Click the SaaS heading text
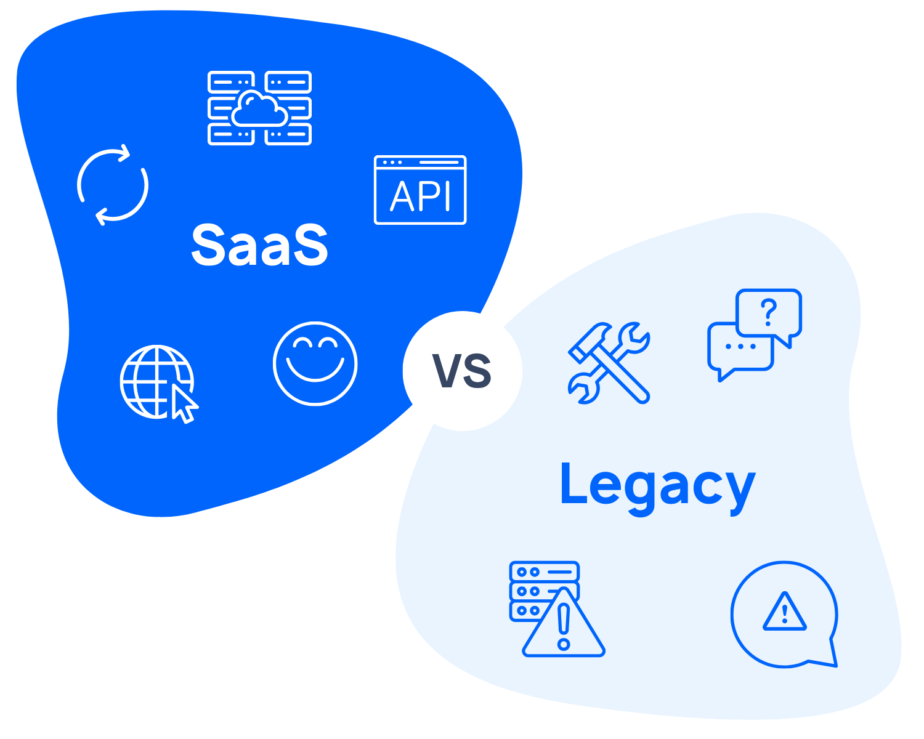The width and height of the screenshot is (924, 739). tap(259, 245)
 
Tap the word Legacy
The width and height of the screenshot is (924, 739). tap(657, 487)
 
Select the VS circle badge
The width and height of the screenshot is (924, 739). tap(462, 371)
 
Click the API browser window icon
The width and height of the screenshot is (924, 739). tap(420, 190)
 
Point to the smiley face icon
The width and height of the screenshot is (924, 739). tap(315, 363)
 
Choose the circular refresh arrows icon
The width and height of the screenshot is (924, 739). tap(113, 185)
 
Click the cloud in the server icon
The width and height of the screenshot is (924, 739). tap(259, 109)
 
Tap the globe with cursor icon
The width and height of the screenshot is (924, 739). tap(157, 382)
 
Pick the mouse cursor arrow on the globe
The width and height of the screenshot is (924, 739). tap(184, 404)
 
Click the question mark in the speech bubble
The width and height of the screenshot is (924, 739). tap(768, 312)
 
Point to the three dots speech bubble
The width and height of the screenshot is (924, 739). tap(740, 347)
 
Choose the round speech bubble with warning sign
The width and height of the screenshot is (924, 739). tap(784, 615)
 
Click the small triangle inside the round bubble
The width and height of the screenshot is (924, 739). tap(784, 613)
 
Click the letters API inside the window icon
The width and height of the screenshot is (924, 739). tap(420, 197)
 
